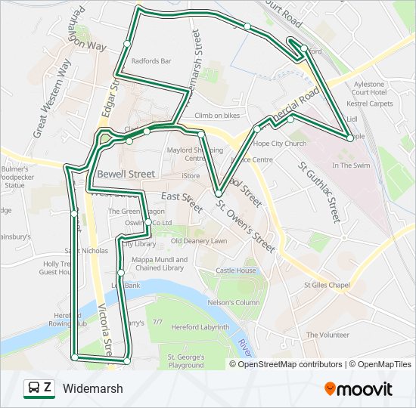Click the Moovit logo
(359, 389)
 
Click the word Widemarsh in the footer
(93, 389)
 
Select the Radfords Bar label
(151, 61)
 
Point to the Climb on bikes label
(217, 116)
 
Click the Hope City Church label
(280, 144)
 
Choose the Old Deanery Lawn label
(199, 241)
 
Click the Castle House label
(236, 270)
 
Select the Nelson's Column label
(234, 303)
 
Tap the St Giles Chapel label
(327, 285)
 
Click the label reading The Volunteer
(328, 335)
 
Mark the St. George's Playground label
(186, 360)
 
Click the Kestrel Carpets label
(370, 104)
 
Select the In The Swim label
(352, 165)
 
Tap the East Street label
(182, 201)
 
